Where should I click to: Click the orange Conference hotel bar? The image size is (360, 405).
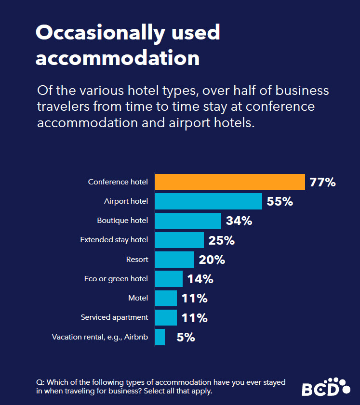230,182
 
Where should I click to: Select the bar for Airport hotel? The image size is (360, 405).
208,201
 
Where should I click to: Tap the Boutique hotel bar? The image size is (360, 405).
188,221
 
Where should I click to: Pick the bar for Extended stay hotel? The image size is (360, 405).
179,240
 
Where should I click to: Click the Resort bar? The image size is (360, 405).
174,260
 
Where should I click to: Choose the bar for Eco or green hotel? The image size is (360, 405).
169,279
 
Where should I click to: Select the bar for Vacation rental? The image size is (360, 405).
160,337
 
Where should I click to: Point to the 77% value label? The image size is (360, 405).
323,183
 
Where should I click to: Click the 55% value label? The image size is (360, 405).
280,202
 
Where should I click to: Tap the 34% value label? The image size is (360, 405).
239,221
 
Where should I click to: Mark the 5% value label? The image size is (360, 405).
186,337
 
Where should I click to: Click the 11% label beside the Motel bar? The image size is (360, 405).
195,299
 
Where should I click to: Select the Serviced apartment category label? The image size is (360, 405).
114,317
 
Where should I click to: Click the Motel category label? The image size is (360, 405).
138,298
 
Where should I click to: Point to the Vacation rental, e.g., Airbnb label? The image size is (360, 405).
100,337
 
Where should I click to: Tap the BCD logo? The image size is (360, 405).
326,387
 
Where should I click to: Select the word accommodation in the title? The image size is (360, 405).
118,58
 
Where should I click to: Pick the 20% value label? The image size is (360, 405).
212,260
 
